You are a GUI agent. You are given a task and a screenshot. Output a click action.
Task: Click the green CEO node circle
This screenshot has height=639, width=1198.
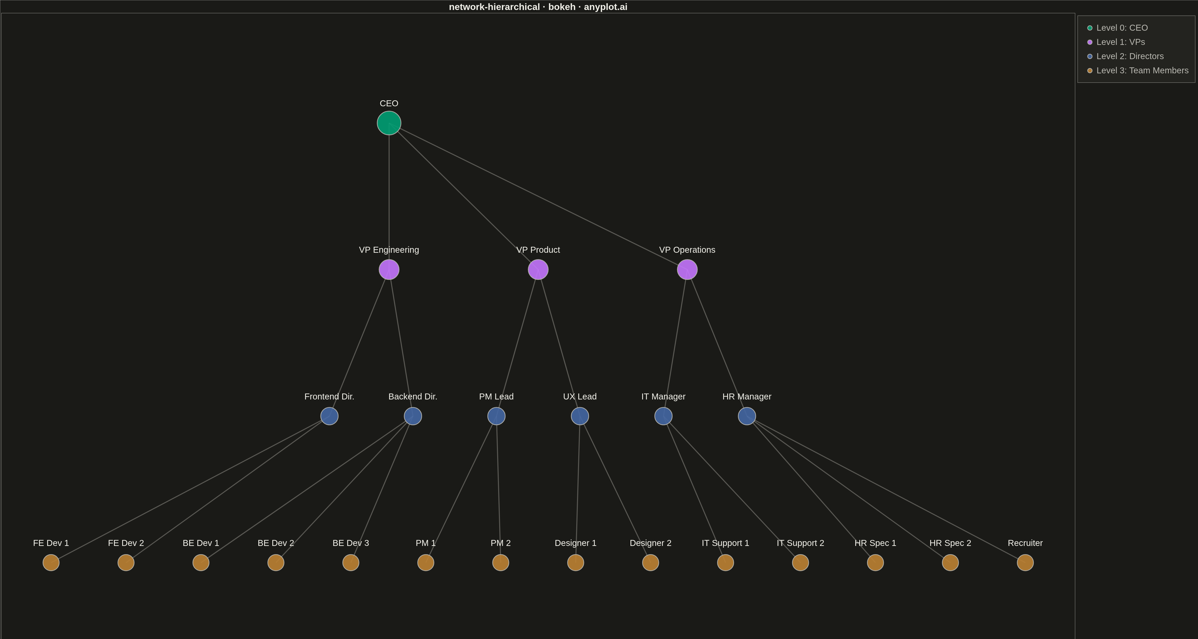pos(389,123)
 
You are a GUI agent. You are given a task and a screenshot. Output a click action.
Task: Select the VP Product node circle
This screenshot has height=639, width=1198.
pos(538,270)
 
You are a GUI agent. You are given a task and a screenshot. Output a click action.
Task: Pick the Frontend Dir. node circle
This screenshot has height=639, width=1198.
pos(329,416)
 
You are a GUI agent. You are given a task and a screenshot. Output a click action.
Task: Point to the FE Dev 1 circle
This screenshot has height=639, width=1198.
pos(51,563)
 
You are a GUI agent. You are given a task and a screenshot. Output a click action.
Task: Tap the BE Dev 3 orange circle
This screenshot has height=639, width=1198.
pos(351,563)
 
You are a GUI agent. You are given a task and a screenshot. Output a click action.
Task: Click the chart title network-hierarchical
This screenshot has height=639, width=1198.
pos(494,7)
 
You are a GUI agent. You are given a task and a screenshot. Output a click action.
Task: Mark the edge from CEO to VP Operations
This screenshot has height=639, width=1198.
pos(538,196)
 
